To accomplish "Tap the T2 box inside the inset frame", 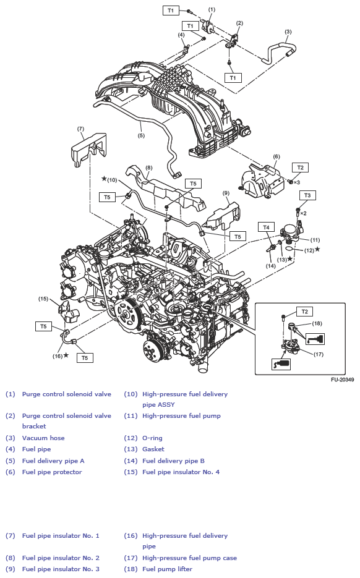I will (x=304, y=312).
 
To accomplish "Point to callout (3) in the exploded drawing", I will (x=288, y=32).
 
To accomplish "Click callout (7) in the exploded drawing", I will (x=80, y=129).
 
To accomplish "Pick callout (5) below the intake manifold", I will (x=141, y=135).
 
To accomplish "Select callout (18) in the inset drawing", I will (x=317, y=323).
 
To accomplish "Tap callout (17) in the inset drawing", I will (x=319, y=354).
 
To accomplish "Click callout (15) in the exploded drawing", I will (x=43, y=299).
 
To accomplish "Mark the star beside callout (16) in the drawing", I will (x=66, y=355).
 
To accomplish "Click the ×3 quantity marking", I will (x=297, y=182).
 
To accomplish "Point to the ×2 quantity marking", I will (x=303, y=213).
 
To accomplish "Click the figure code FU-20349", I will (x=341, y=380).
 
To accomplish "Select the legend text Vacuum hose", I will (x=43, y=438).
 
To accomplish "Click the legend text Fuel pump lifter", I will (x=167, y=569).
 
